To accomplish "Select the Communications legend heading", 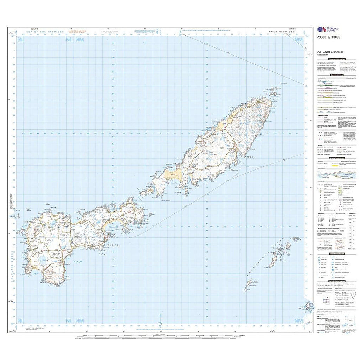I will coord(334,75).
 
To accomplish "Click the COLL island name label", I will coord(249,157).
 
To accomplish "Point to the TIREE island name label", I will coord(112,245).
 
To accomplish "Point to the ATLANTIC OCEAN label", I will coord(13,266).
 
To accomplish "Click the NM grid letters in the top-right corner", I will coord(298,39).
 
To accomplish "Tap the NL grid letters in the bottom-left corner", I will coord(21,320).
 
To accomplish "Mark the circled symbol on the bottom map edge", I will coord(160,324).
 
